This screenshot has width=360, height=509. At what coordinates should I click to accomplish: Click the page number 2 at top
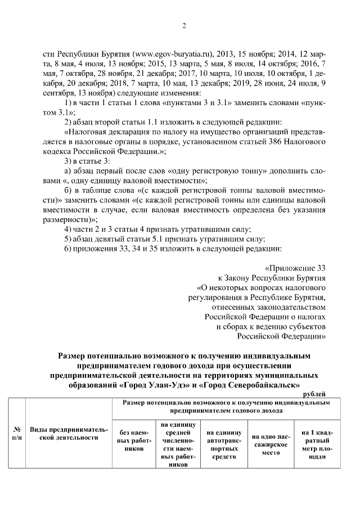point(184,25)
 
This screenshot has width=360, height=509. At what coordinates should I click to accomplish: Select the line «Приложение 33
point(294,268)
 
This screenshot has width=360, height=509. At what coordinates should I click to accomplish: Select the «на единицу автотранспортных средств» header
point(224,441)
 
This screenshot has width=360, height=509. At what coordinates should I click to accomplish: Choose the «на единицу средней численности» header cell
point(177,445)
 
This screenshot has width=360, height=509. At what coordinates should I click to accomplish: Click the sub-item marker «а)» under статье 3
point(67,172)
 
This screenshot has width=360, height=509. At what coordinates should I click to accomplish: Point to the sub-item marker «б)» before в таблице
point(67,191)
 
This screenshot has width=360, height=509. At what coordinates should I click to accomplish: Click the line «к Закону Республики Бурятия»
point(272,278)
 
